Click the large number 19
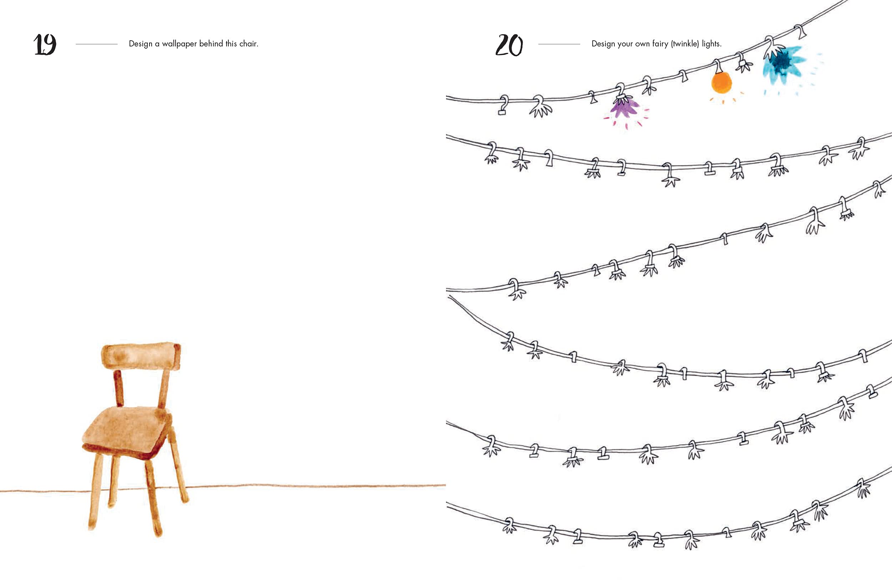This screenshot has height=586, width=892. pos(45,44)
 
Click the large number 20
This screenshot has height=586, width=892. pos(509,45)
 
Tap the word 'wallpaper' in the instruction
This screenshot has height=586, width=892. pos(179,44)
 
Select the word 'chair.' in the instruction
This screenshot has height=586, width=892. pos(249,44)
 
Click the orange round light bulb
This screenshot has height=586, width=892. pos(721,82)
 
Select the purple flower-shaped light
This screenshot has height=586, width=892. pos(624,108)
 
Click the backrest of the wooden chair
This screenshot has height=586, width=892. pos(141,356)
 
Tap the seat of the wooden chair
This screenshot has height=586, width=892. pos(127,431)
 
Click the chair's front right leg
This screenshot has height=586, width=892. pos(154,498)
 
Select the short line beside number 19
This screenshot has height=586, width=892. pos(97,44)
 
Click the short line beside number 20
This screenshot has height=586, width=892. pos(559,44)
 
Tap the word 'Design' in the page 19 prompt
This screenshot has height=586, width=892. pos(141,44)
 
